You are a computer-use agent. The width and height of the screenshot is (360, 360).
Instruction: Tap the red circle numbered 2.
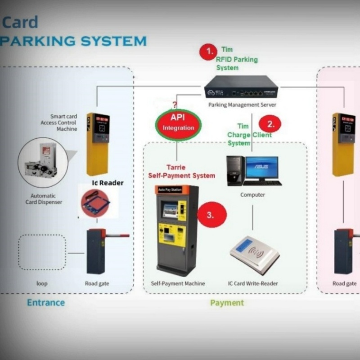tap(270, 124)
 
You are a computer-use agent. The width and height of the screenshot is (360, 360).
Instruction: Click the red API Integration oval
tap(178, 123)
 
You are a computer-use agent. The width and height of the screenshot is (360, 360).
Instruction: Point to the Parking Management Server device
tap(241, 88)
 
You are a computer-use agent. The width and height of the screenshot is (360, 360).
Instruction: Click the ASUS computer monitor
tap(261, 168)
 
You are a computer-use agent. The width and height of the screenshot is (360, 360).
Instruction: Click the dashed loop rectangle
tap(42, 252)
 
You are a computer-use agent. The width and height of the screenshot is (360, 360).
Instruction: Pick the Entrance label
tap(46, 302)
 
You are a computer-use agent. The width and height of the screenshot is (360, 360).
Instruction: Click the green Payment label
tap(227, 302)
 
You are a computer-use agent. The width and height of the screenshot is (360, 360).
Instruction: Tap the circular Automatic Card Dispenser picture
tap(43, 162)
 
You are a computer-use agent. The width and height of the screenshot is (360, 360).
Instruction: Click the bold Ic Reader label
tap(108, 183)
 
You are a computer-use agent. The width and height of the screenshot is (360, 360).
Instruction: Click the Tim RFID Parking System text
tap(236, 59)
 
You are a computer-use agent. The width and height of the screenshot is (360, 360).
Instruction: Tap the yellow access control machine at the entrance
tap(97, 144)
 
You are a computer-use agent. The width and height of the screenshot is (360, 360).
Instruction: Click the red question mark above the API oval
tap(175, 105)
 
